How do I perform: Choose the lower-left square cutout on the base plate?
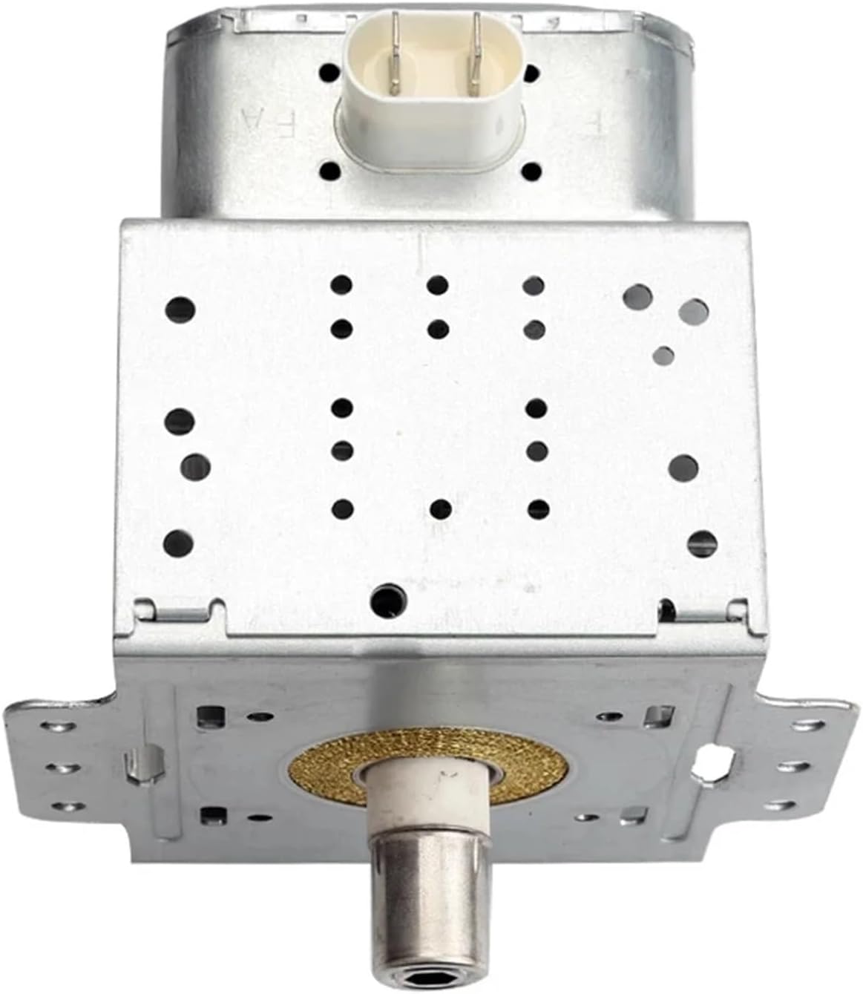coord(209,815)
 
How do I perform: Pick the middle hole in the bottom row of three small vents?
coord(441,509)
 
